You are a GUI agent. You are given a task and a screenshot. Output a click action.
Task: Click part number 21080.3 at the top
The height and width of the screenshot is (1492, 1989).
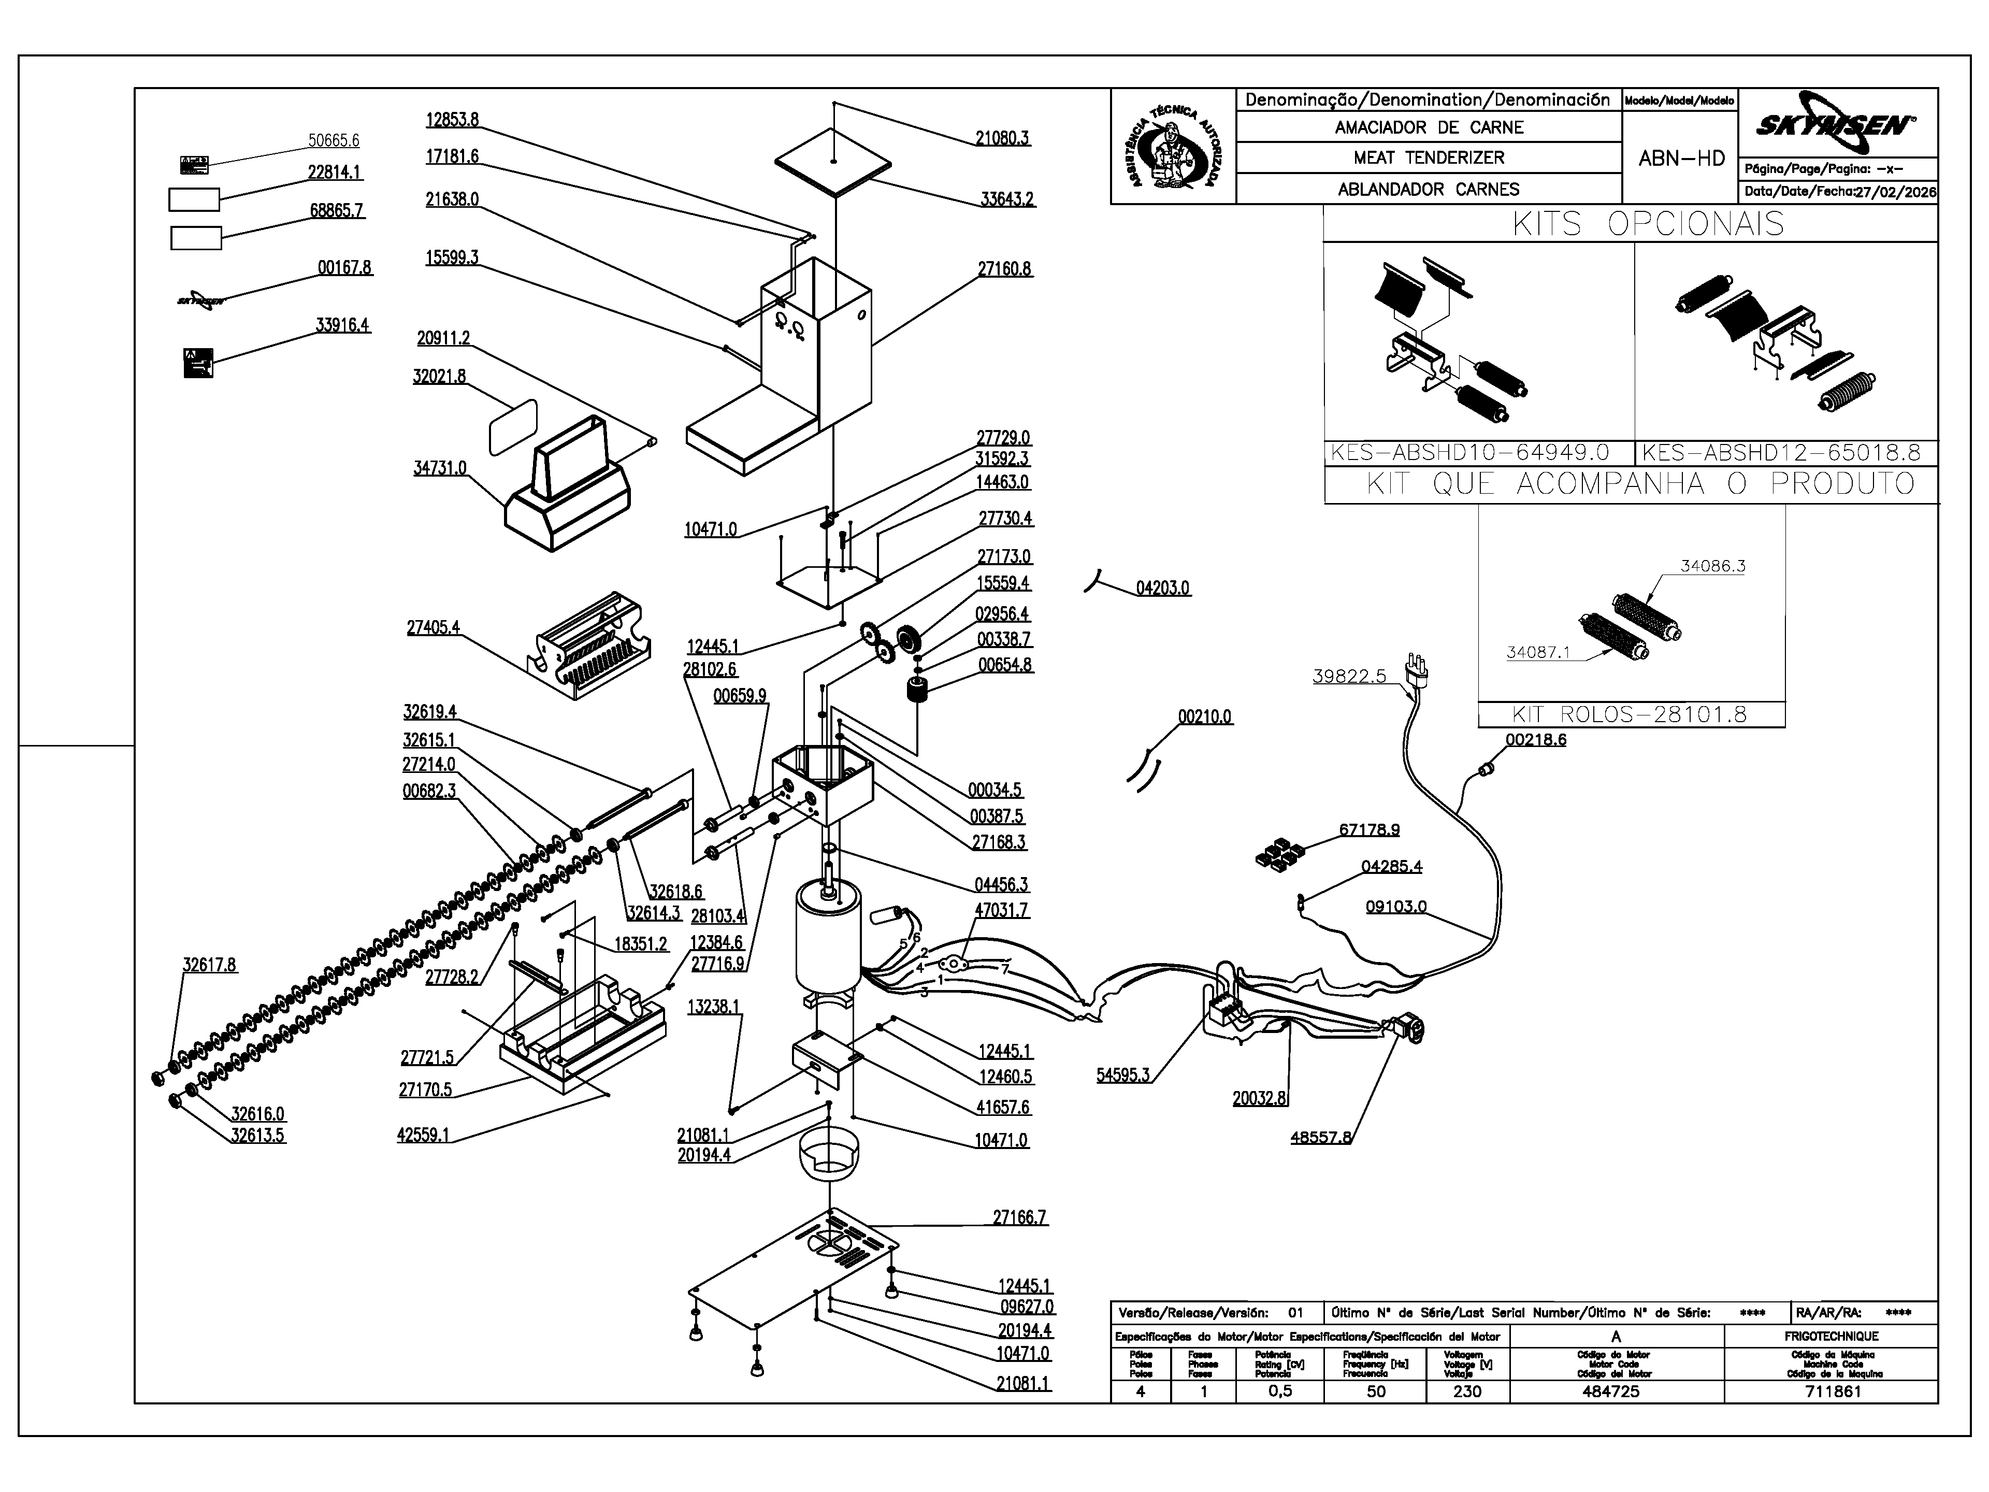1002,138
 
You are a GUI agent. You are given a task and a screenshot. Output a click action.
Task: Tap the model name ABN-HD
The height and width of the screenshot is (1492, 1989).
1681,159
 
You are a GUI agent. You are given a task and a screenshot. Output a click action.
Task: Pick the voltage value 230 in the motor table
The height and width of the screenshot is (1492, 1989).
1466,1391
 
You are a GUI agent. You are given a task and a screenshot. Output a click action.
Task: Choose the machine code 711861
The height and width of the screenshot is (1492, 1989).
1832,1391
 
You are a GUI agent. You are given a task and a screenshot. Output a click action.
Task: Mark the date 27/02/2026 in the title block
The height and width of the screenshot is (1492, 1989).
1895,192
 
